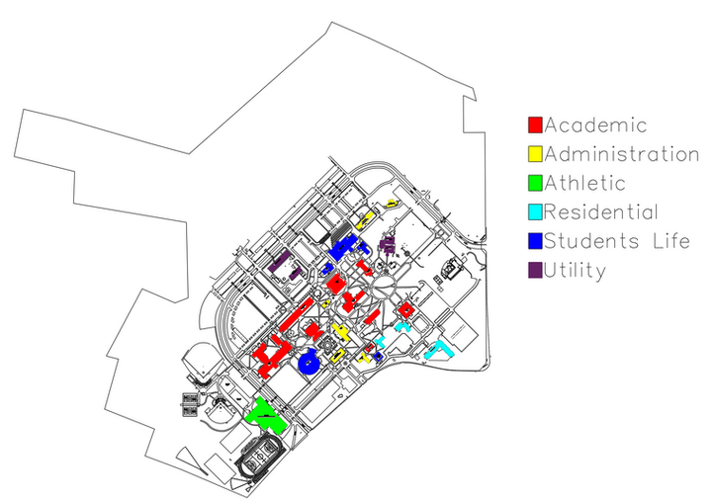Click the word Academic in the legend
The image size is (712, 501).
595,125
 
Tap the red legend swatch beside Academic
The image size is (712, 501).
535,125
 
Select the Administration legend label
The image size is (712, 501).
622,154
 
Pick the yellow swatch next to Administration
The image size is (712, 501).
535,154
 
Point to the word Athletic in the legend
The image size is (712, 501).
584,184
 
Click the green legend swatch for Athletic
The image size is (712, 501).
535,183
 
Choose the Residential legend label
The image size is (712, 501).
601,211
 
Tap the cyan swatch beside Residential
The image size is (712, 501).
535,211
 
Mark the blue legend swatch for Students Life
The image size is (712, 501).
535,241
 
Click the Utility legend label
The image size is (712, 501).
575,271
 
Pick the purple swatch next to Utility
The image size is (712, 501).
535,270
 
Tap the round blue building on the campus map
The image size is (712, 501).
309,362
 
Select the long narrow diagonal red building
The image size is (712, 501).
296,314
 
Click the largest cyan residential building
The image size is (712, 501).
439,350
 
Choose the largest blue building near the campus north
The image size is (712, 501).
343,247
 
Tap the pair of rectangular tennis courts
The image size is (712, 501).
190,405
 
